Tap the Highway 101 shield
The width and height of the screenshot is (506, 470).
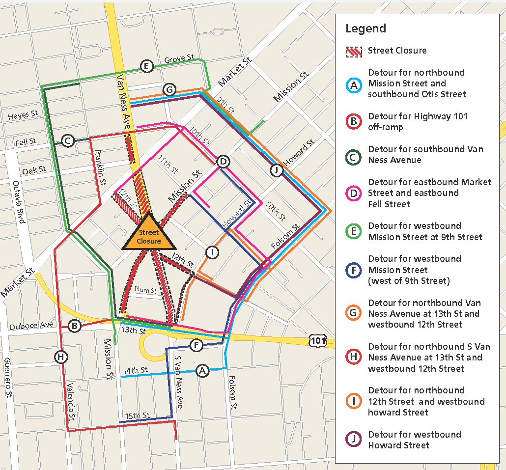click(317, 339)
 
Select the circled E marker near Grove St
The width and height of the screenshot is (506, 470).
click(146, 66)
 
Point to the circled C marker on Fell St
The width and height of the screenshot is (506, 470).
click(68, 141)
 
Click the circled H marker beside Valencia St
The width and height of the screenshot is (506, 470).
click(61, 357)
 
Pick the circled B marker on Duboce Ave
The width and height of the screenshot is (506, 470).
click(75, 326)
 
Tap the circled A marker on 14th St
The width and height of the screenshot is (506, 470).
click(202, 371)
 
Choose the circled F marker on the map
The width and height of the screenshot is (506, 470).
click(196, 345)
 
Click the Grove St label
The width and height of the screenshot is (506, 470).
click(179, 59)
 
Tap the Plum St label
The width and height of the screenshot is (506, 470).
click(145, 291)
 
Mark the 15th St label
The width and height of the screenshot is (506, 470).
click(137, 416)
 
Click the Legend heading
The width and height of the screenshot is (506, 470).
click(365, 28)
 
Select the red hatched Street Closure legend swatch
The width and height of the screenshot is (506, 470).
click(354, 51)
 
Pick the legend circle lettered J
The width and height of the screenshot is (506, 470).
click(354, 440)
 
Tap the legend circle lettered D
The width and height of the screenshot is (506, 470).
click(354, 193)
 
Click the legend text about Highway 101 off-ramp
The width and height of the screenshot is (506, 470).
click(418, 122)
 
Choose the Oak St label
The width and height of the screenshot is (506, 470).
click(33, 170)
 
